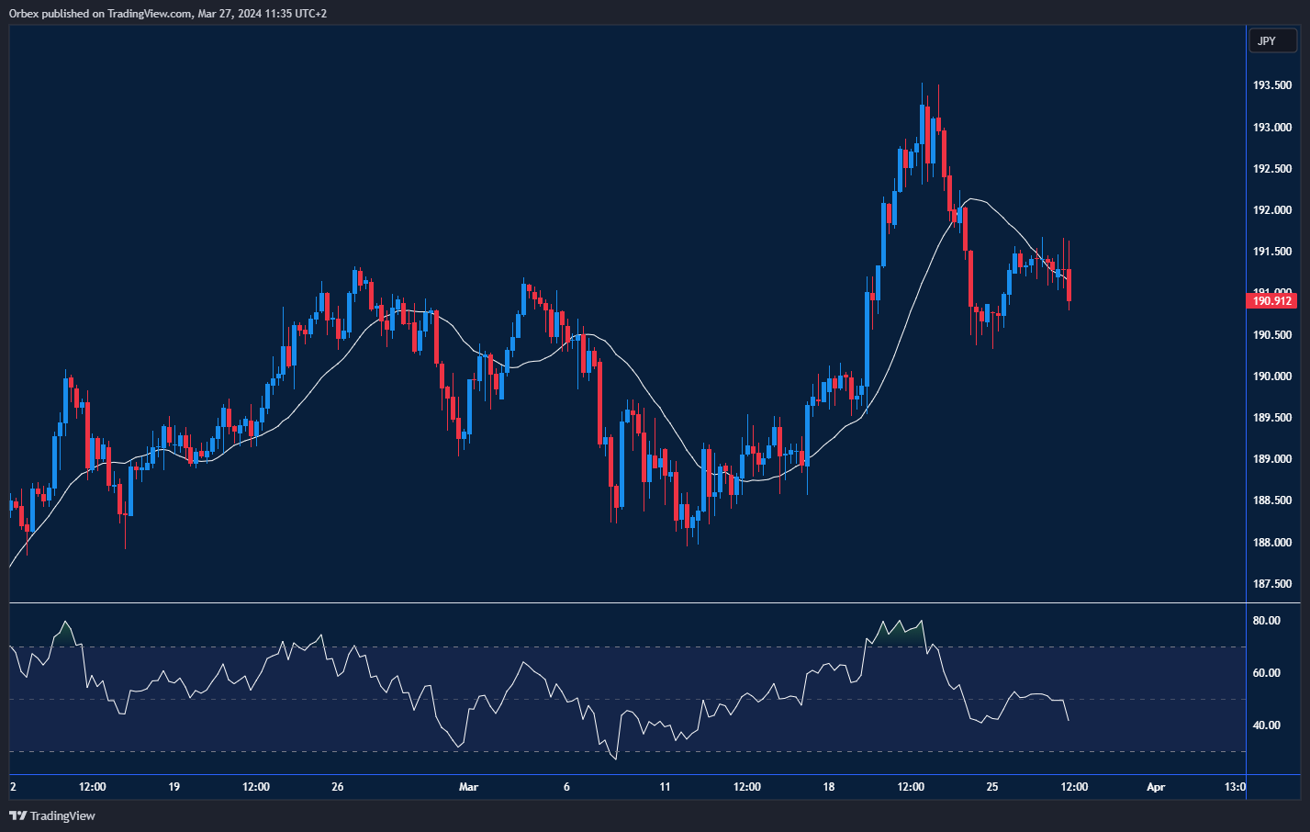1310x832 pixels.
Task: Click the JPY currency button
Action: click(x=1272, y=40)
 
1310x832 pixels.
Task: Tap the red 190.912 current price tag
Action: click(x=1273, y=300)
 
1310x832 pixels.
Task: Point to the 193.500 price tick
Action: click(x=1272, y=85)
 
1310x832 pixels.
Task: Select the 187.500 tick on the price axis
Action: click(x=1272, y=584)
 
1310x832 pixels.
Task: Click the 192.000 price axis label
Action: click(x=1272, y=210)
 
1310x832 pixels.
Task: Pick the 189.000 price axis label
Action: click(x=1272, y=459)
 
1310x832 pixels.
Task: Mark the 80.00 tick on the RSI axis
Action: click(x=1267, y=621)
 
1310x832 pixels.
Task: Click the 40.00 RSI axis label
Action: click(x=1267, y=725)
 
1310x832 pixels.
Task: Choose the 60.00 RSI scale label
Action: click(x=1267, y=673)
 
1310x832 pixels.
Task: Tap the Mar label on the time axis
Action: click(x=469, y=787)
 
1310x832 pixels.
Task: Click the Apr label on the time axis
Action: click(x=1156, y=787)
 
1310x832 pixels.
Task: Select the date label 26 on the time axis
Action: click(x=338, y=787)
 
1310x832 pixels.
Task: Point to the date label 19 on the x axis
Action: click(x=174, y=787)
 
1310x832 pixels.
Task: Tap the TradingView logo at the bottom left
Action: click(x=52, y=815)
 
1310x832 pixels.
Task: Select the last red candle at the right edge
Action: click(x=1069, y=285)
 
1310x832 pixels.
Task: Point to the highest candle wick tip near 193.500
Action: click(x=922, y=84)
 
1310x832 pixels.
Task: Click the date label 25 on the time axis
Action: click(x=992, y=787)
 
